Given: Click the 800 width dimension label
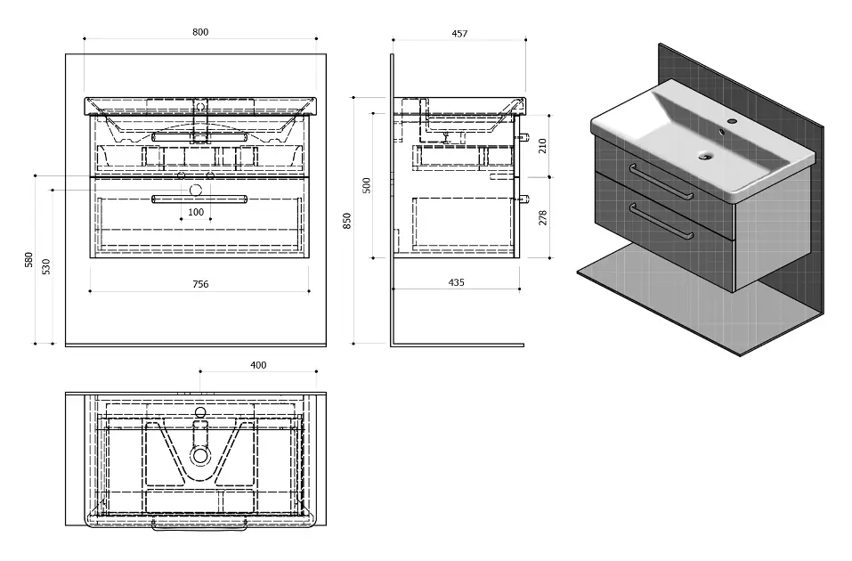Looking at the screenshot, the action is pyautogui.click(x=200, y=32).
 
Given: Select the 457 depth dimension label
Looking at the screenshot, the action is pyautogui.click(x=459, y=34).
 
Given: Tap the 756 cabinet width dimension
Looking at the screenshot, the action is pyautogui.click(x=200, y=284).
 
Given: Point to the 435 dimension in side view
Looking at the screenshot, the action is pyautogui.click(x=457, y=282).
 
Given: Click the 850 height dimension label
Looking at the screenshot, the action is pyautogui.click(x=347, y=221).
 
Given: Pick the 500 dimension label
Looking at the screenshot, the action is pyautogui.click(x=367, y=185).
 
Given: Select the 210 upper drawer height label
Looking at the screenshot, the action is pyautogui.click(x=542, y=146).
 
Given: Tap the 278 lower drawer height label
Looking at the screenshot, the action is pyautogui.click(x=542, y=217).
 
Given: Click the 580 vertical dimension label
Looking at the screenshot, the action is pyautogui.click(x=29, y=259).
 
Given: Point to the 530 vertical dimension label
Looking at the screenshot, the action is pyautogui.click(x=46, y=266).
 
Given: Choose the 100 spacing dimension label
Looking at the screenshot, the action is pyautogui.click(x=196, y=212).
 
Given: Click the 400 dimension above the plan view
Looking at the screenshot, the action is pyautogui.click(x=258, y=365).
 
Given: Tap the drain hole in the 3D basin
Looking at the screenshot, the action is pyautogui.click(x=706, y=156).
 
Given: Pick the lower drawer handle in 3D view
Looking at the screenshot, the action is pyautogui.click(x=661, y=221).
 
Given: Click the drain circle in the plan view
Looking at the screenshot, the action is pyautogui.click(x=200, y=454).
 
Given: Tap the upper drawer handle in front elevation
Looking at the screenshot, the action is pyautogui.click(x=199, y=137).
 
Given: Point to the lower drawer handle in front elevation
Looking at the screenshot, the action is pyautogui.click(x=199, y=199).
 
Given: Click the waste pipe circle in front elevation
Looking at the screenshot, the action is pyautogui.click(x=196, y=190).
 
